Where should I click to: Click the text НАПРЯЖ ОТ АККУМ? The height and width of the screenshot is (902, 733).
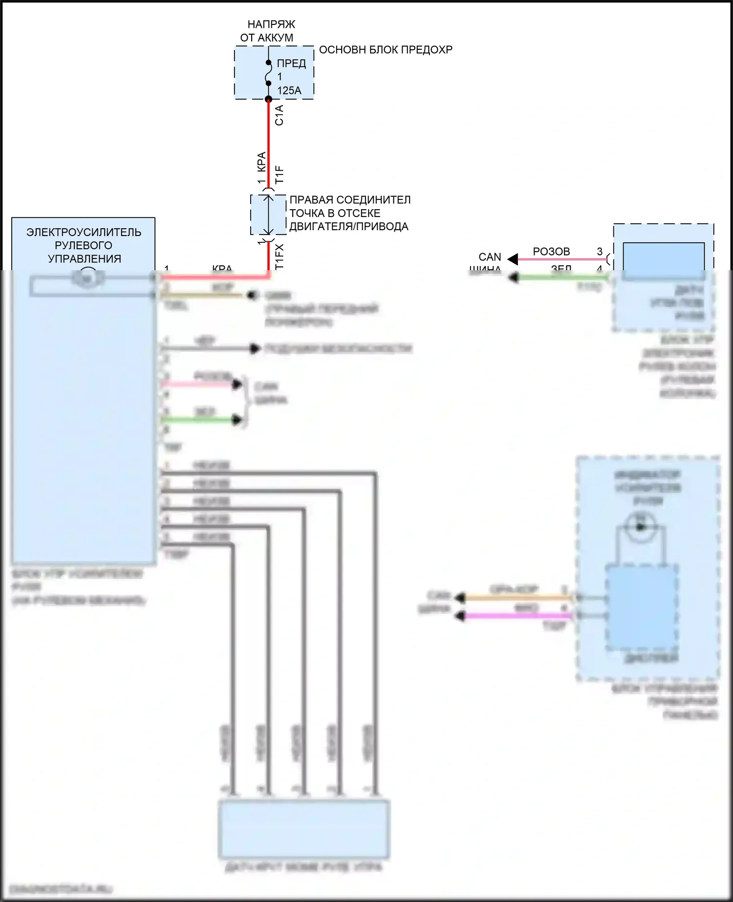point(268,31)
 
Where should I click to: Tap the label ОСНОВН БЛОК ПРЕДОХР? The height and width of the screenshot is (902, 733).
point(386,49)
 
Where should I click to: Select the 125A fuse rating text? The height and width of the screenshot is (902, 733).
point(289,90)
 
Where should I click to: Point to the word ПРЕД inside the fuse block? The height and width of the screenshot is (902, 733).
point(291,63)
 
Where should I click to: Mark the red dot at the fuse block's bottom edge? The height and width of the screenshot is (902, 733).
point(268,99)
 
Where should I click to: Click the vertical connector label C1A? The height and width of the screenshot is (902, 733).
point(279,115)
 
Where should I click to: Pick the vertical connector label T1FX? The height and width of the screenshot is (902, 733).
point(279,257)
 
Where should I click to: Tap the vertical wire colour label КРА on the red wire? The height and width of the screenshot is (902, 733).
point(261,162)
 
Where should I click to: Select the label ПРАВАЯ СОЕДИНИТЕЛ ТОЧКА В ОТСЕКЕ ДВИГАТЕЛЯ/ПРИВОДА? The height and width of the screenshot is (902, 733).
point(349,213)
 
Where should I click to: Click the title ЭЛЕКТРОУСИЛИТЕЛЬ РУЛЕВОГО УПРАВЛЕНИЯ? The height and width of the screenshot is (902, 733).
point(84,245)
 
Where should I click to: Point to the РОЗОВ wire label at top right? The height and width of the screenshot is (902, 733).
point(551,252)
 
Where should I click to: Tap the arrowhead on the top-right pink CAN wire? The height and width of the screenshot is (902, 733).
point(513,259)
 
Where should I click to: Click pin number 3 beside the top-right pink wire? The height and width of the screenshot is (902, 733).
point(600,252)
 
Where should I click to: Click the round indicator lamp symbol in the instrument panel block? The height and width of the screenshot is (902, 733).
point(641,526)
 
